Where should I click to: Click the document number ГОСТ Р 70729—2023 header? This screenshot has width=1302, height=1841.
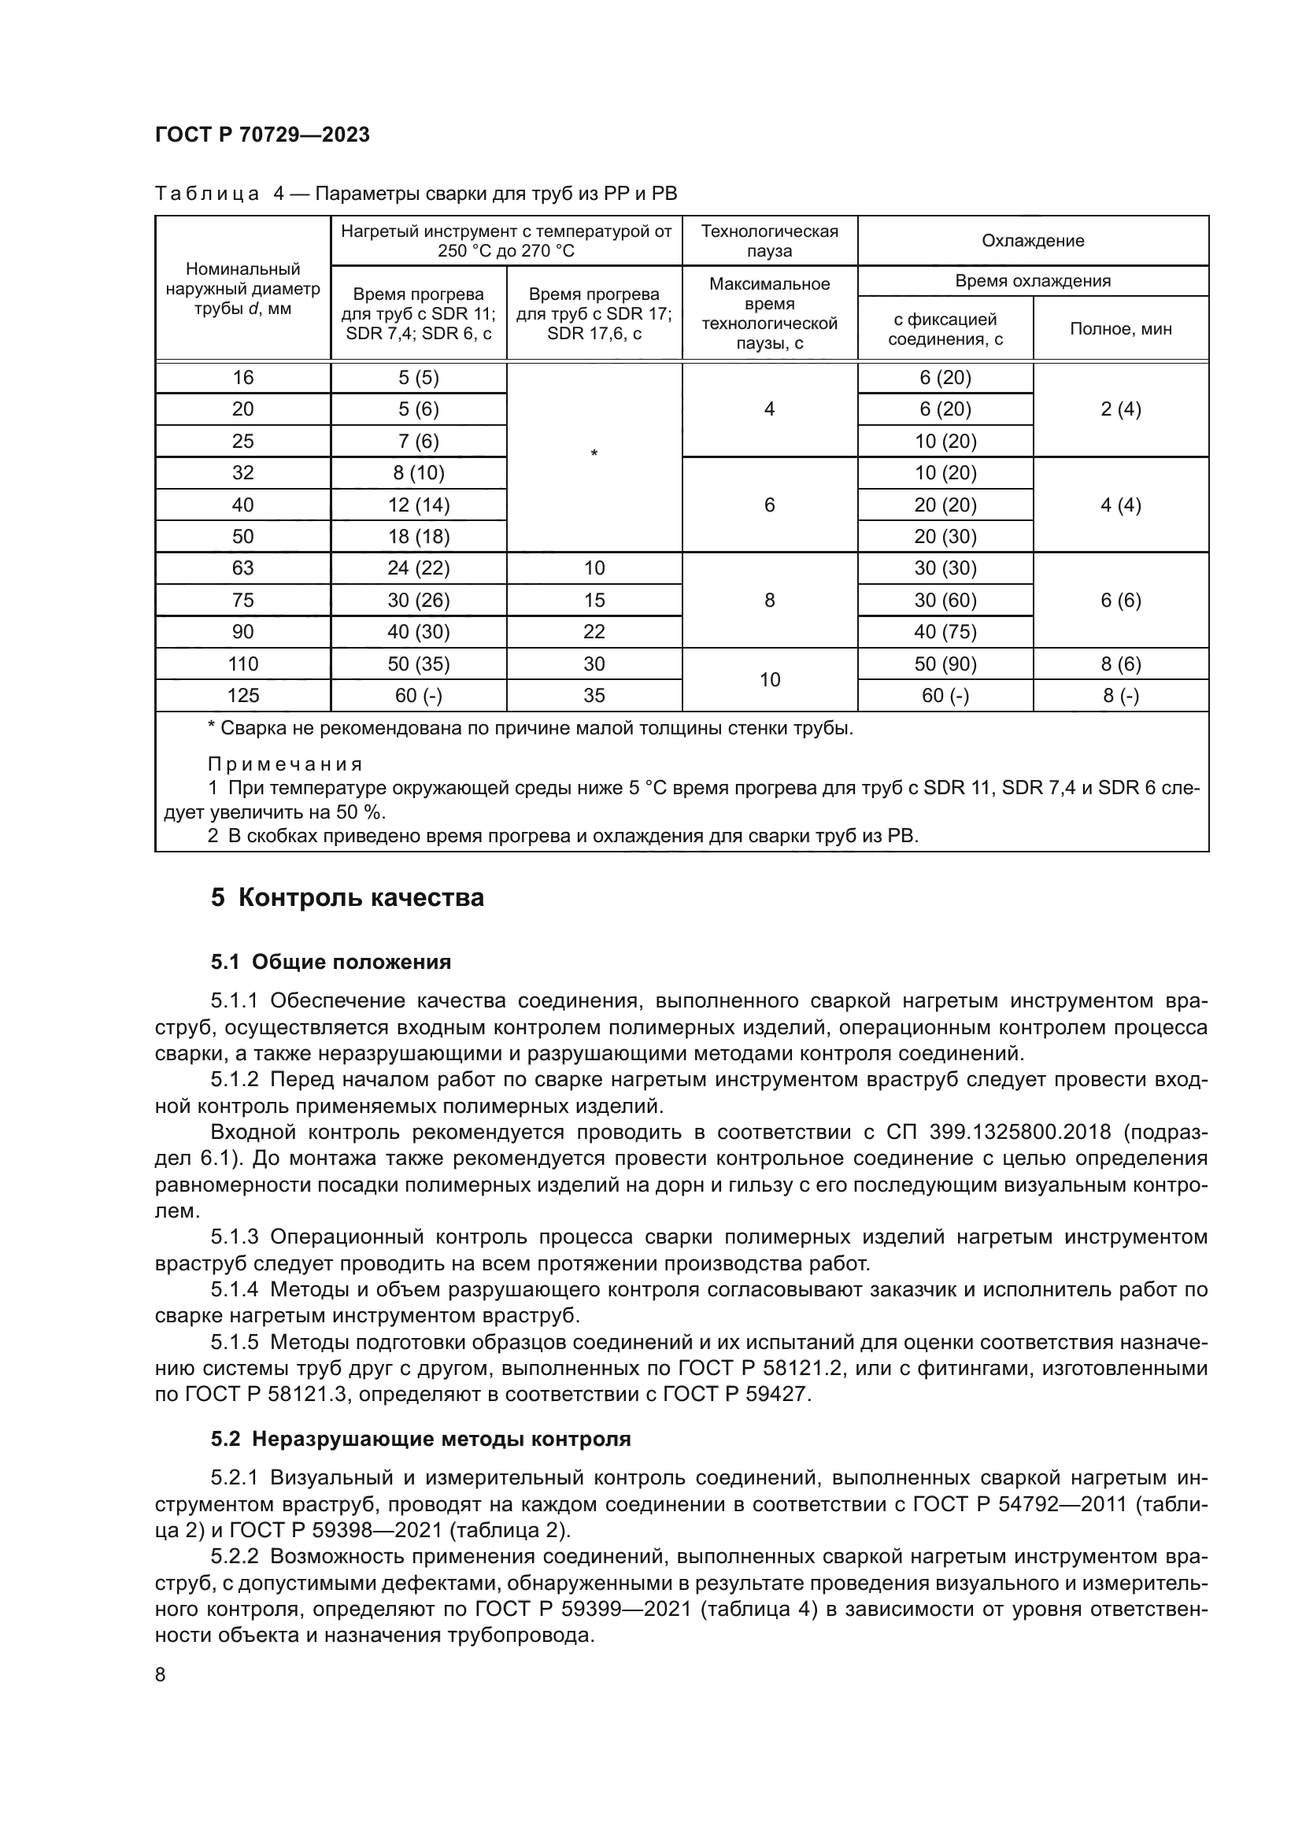pos(262,135)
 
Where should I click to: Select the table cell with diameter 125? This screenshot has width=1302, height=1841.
pos(242,695)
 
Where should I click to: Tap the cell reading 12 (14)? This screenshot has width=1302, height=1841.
pos(419,505)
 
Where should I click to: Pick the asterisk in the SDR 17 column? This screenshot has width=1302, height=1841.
pos(594,455)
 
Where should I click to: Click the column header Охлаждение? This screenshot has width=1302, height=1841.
pos(1033,241)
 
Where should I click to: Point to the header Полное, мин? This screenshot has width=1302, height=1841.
pos(1120,329)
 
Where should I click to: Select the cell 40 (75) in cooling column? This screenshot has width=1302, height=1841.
pos(945,632)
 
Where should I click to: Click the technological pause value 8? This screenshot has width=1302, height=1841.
pos(770,600)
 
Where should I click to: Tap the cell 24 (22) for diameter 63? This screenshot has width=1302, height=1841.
pos(419,567)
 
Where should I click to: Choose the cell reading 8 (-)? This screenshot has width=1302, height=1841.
pos(1120,695)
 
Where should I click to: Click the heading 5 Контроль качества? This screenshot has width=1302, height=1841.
pos(347,897)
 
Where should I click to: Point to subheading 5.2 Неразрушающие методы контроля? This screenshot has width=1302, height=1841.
pos(421,1439)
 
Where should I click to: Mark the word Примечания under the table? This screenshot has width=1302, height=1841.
pos(286,763)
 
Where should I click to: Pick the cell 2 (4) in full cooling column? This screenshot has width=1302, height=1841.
pos(1120,410)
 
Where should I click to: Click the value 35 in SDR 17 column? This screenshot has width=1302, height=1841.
pos(594,695)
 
